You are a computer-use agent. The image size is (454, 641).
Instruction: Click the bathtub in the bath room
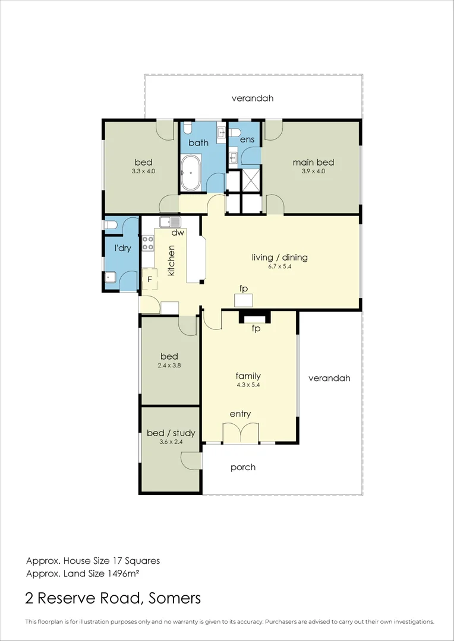[x=191, y=173]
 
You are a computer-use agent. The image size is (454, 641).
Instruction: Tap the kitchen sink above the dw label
[x=169, y=223]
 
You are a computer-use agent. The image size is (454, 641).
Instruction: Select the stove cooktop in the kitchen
[x=147, y=243]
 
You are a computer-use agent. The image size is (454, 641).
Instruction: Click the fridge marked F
[x=150, y=278]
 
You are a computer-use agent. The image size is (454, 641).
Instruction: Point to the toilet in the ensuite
[x=235, y=132]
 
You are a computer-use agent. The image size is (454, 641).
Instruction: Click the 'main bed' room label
[x=313, y=162]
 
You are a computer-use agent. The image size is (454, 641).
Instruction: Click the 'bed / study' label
[x=171, y=433]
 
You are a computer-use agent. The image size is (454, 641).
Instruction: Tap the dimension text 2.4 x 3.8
[x=169, y=366]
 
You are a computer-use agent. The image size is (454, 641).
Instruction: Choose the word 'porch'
[x=243, y=467]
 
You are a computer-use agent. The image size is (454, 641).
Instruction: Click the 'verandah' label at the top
[x=253, y=99]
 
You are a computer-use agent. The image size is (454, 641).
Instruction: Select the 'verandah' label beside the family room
[x=329, y=377]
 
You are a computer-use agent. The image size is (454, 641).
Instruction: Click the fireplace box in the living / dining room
[x=243, y=300]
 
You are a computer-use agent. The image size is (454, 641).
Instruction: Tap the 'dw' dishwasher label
[x=177, y=233]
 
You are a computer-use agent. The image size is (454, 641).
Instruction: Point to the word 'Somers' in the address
[x=172, y=598]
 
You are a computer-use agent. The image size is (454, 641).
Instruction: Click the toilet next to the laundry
[x=111, y=225]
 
